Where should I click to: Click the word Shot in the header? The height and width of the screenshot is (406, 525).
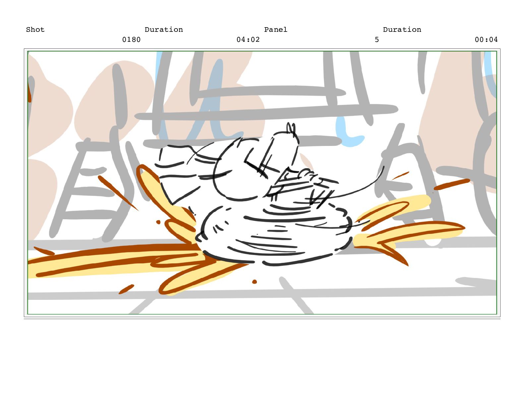click(x=35, y=30)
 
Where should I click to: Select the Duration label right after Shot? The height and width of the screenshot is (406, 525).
click(x=164, y=30)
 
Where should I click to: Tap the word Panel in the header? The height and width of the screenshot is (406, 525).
click(x=275, y=30)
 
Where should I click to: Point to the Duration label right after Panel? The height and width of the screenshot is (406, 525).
click(x=402, y=30)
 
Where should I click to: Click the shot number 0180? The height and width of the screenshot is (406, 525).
click(x=131, y=39)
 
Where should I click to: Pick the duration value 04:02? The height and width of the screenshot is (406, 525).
click(x=248, y=39)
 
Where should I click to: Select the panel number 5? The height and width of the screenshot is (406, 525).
click(x=377, y=39)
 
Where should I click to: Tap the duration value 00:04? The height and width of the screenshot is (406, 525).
click(x=486, y=39)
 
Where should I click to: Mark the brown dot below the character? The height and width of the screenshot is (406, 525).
click(x=254, y=282)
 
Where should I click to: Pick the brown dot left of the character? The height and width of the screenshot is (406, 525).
click(x=158, y=222)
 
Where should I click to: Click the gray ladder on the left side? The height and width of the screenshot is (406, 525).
click(x=83, y=189)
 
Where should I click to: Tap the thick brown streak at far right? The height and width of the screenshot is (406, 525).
click(x=452, y=184)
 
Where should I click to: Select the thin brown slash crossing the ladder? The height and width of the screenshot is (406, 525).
click(x=118, y=193)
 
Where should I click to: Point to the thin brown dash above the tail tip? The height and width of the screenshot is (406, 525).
click(x=400, y=175)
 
